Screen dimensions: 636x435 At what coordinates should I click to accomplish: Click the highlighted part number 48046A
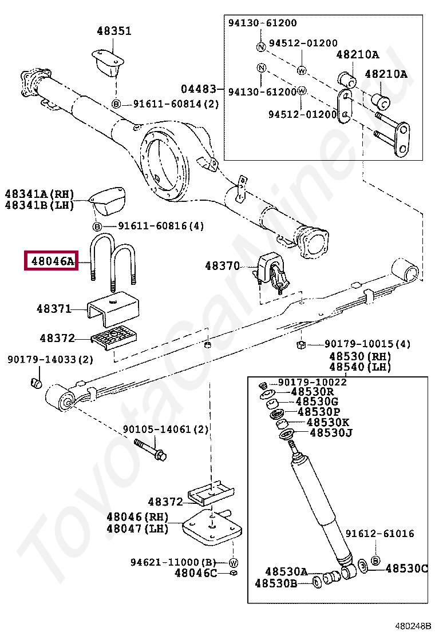click(51, 261)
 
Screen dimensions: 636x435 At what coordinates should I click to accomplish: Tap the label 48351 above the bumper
click(113, 31)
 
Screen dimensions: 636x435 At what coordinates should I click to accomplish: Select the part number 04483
click(199, 89)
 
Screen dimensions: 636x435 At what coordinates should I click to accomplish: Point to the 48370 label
click(223, 266)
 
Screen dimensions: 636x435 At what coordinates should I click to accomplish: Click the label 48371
click(54, 309)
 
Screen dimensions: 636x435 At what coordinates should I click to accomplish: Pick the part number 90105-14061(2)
click(166, 429)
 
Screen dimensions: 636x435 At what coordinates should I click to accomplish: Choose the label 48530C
click(406, 569)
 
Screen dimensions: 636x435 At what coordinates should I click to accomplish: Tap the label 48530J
click(331, 432)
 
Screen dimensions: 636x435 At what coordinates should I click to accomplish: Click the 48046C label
click(196, 573)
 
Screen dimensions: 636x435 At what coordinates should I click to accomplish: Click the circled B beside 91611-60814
click(116, 104)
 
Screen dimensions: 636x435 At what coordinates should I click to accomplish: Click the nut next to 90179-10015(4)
click(299, 344)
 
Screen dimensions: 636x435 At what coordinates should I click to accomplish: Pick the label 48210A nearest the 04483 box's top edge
click(357, 55)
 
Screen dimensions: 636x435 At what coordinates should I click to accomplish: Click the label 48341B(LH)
click(40, 205)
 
